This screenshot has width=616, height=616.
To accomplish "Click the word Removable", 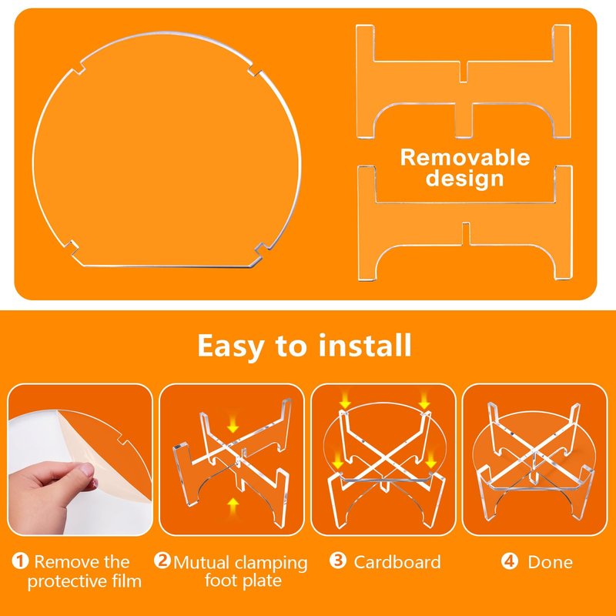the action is tap(465, 158).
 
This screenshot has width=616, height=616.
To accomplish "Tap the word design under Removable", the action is tap(464, 179).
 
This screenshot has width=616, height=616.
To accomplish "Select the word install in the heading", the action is tap(365, 345).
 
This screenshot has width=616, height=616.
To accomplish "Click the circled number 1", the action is tap(20, 561).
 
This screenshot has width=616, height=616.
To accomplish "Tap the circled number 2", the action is tap(162, 561).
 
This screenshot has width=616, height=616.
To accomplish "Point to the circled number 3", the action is tap(338, 561).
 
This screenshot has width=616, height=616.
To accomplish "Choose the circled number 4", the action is tap(510, 561).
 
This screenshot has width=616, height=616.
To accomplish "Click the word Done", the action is tap(550, 562).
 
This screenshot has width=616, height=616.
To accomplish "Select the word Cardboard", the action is tap(397, 562).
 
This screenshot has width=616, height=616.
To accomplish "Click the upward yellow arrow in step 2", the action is tap(233, 506).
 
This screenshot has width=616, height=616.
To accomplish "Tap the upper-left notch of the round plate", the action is tap(79, 68).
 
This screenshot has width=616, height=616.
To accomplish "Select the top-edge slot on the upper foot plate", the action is tap(464, 72).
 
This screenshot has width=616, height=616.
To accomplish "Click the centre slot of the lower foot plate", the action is tap(466, 233).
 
